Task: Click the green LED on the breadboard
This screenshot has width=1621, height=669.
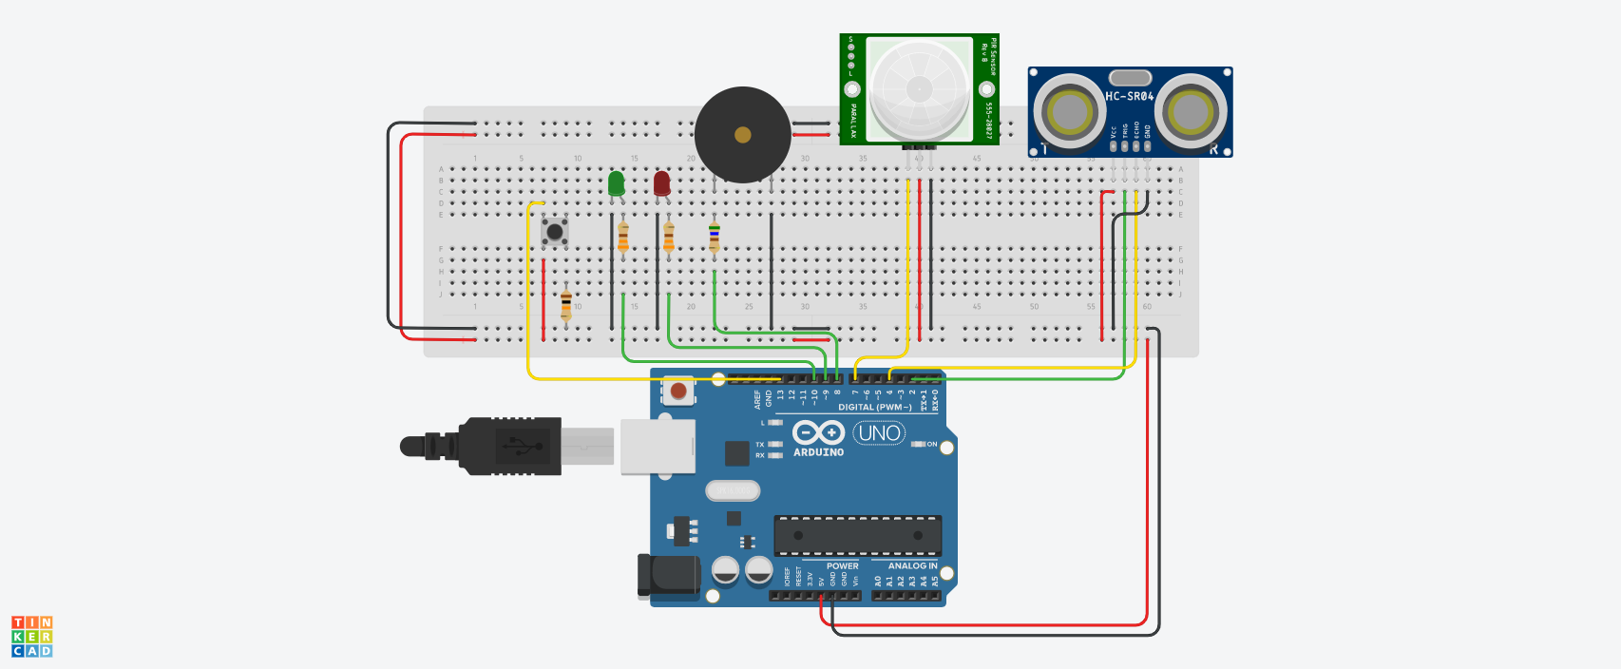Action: click(616, 183)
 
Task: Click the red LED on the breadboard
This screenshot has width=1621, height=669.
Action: click(661, 183)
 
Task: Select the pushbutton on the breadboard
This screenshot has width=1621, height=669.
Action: click(555, 231)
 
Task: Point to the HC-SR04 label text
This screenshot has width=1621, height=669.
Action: click(1129, 96)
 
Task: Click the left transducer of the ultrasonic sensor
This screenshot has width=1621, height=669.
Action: click(1069, 112)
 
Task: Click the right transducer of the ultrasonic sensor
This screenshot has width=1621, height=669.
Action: click(1191, 112)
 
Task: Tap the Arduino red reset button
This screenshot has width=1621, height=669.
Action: click(677, 391)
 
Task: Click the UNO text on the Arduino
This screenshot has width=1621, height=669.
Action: click(879, 433)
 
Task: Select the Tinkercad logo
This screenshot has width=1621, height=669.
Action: click(31, 637)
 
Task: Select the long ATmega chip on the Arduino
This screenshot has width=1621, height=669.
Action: click(857, 536)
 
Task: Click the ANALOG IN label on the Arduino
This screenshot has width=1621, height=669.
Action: click(912, 565)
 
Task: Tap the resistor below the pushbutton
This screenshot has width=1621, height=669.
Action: click(566, 304)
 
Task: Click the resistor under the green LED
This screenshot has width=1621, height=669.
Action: click(623, 238)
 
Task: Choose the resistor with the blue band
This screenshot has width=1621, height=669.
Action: click(715, 238)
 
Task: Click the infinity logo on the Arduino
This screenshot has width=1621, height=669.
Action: click(818, 433)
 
